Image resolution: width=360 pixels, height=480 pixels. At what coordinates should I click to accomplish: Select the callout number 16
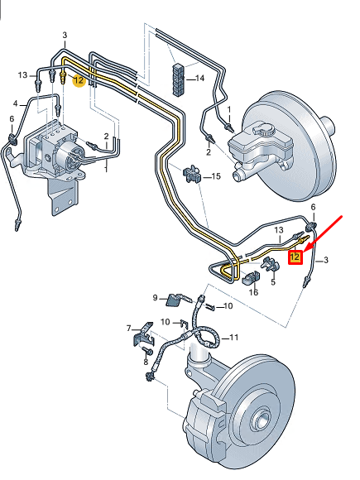[x=253, y=291]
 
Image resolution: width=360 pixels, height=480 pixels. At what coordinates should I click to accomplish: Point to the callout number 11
[x=234, y=338]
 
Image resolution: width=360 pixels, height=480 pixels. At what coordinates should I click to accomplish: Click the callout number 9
[x=155, y=297]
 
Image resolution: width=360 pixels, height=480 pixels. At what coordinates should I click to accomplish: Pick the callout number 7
[x=130, y=329]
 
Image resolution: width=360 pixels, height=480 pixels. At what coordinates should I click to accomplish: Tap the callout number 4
[x=16, y=103]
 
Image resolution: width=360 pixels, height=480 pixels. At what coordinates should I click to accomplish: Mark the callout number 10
[x=166, y=321]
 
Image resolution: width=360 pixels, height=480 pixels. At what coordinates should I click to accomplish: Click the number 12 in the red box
[x=295, y=257]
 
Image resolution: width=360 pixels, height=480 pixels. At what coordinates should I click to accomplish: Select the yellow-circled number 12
[x=79, y=80]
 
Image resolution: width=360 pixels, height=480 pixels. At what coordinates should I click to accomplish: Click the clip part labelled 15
[x=192, y=175]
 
